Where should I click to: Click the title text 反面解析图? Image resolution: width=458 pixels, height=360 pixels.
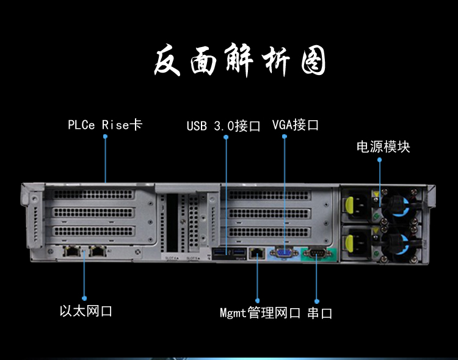tap(238, 62)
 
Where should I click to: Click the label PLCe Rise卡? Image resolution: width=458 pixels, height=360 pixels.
tap(104, 125)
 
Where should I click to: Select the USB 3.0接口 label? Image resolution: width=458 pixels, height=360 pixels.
tap(224, 126)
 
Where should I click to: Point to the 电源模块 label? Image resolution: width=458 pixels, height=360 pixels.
tap(383, 146)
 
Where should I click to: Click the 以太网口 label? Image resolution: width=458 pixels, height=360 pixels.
tap(86, 311)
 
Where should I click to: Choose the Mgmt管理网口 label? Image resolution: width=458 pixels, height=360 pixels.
tap(260, 313)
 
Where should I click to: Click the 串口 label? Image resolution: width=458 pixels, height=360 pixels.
tap(319, 313)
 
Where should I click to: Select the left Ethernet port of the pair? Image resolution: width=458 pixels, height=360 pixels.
tap(71, 251)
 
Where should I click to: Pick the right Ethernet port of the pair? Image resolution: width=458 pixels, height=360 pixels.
tap(96, 251)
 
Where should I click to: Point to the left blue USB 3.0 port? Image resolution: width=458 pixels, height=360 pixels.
tap(221, 253)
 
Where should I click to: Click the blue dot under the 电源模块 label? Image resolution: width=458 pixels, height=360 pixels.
tap(380, 160)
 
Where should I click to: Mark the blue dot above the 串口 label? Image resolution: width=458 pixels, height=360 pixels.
tap(317, 300)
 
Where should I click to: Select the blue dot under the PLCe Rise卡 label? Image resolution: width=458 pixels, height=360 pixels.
tap(105, 137)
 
